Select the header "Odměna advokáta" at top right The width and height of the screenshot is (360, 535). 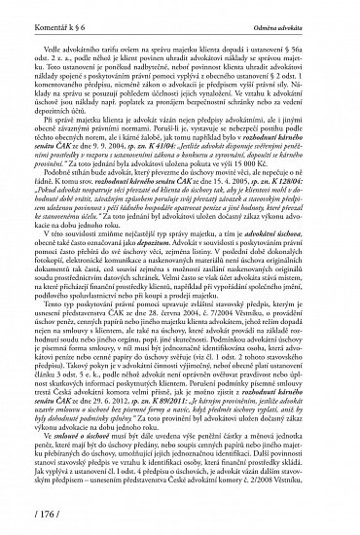[x=306, y=11]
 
